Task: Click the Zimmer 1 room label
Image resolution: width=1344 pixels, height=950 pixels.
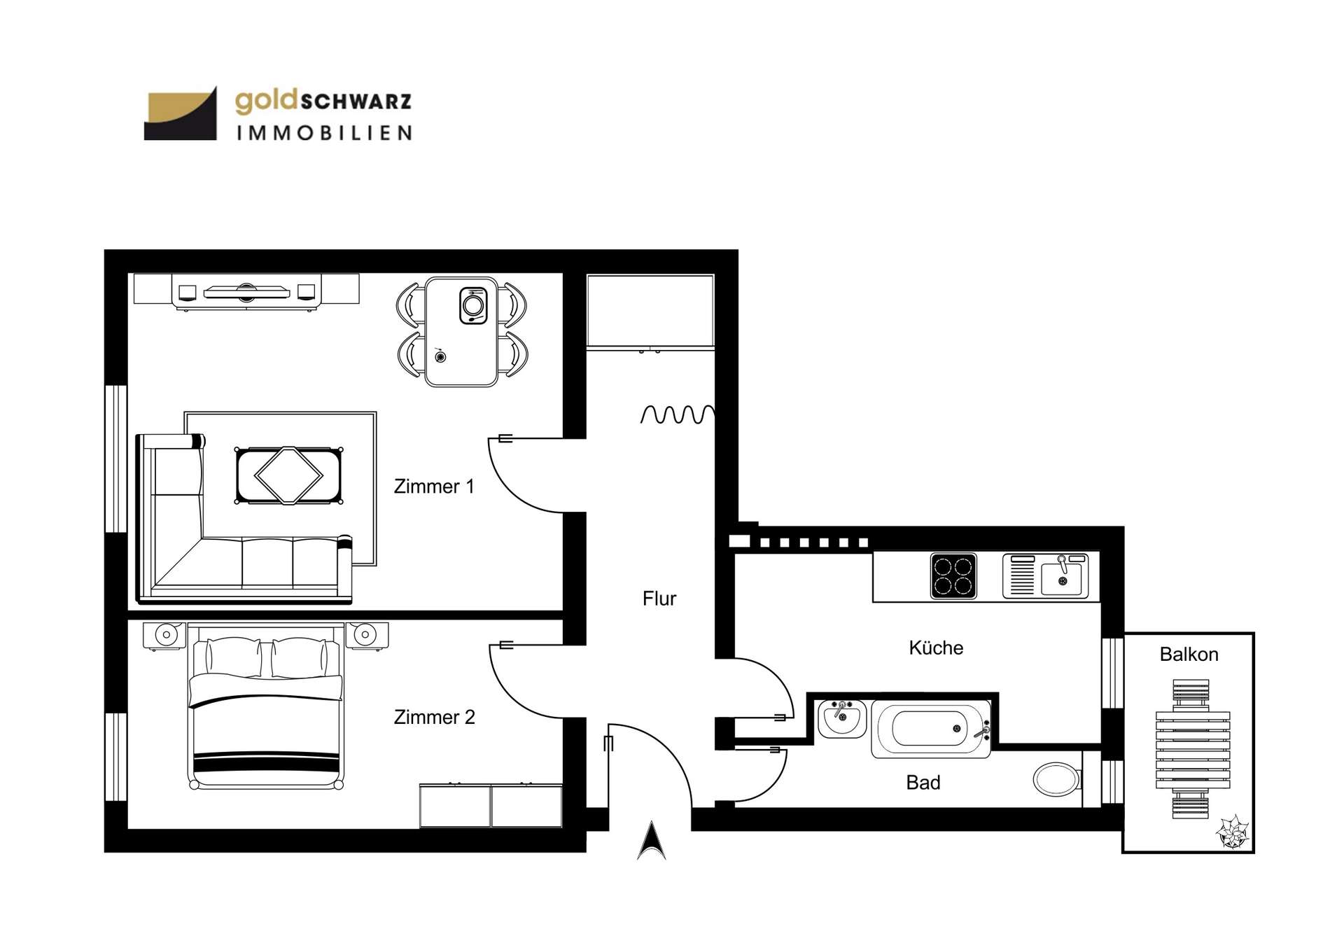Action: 434,486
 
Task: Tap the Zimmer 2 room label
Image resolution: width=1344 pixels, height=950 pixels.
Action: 434,717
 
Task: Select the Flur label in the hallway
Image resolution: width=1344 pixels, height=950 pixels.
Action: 659,599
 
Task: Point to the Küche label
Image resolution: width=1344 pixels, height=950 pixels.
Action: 936,648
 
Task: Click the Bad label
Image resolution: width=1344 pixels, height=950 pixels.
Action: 923,783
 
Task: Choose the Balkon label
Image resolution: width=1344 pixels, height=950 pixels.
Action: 1189,655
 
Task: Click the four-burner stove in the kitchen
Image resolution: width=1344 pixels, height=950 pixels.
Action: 953,576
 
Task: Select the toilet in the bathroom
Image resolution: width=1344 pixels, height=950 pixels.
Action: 1057,779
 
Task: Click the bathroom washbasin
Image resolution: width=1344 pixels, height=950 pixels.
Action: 842,718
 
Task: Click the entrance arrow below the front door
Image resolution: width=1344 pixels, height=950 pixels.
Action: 652,841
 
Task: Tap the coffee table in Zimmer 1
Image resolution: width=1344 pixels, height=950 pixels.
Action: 289,475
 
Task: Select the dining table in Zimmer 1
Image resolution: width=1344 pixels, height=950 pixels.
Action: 461,332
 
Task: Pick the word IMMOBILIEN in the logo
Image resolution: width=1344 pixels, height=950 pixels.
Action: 324,133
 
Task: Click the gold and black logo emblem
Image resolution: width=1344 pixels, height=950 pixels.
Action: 181,113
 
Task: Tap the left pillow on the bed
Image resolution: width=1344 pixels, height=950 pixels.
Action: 233,657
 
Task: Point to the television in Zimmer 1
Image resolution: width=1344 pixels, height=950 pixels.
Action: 246,291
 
